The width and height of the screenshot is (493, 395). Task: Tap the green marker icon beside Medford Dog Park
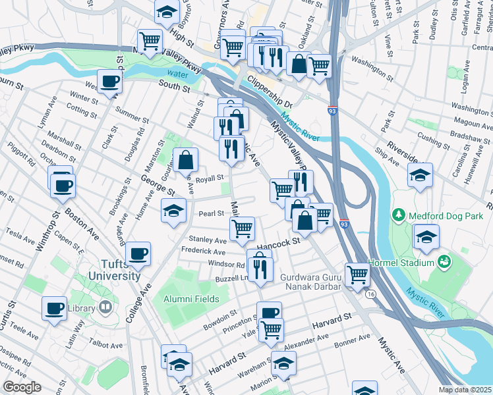click(399, 215)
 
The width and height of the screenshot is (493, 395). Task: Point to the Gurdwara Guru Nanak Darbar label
click(310, 282)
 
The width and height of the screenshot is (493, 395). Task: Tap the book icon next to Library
click(105, 307)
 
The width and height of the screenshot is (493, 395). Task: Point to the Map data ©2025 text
click(465, 390)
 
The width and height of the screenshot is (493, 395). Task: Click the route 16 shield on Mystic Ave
click(372, 294)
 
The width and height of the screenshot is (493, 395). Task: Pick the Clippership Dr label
click(268, 91)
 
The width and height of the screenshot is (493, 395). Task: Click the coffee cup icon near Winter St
click(111, 82)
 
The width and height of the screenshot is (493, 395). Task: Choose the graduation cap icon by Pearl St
click(173, 210)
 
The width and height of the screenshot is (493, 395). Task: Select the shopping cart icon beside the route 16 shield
click(357, 273)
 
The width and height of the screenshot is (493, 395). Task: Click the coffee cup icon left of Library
click(54, 307)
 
